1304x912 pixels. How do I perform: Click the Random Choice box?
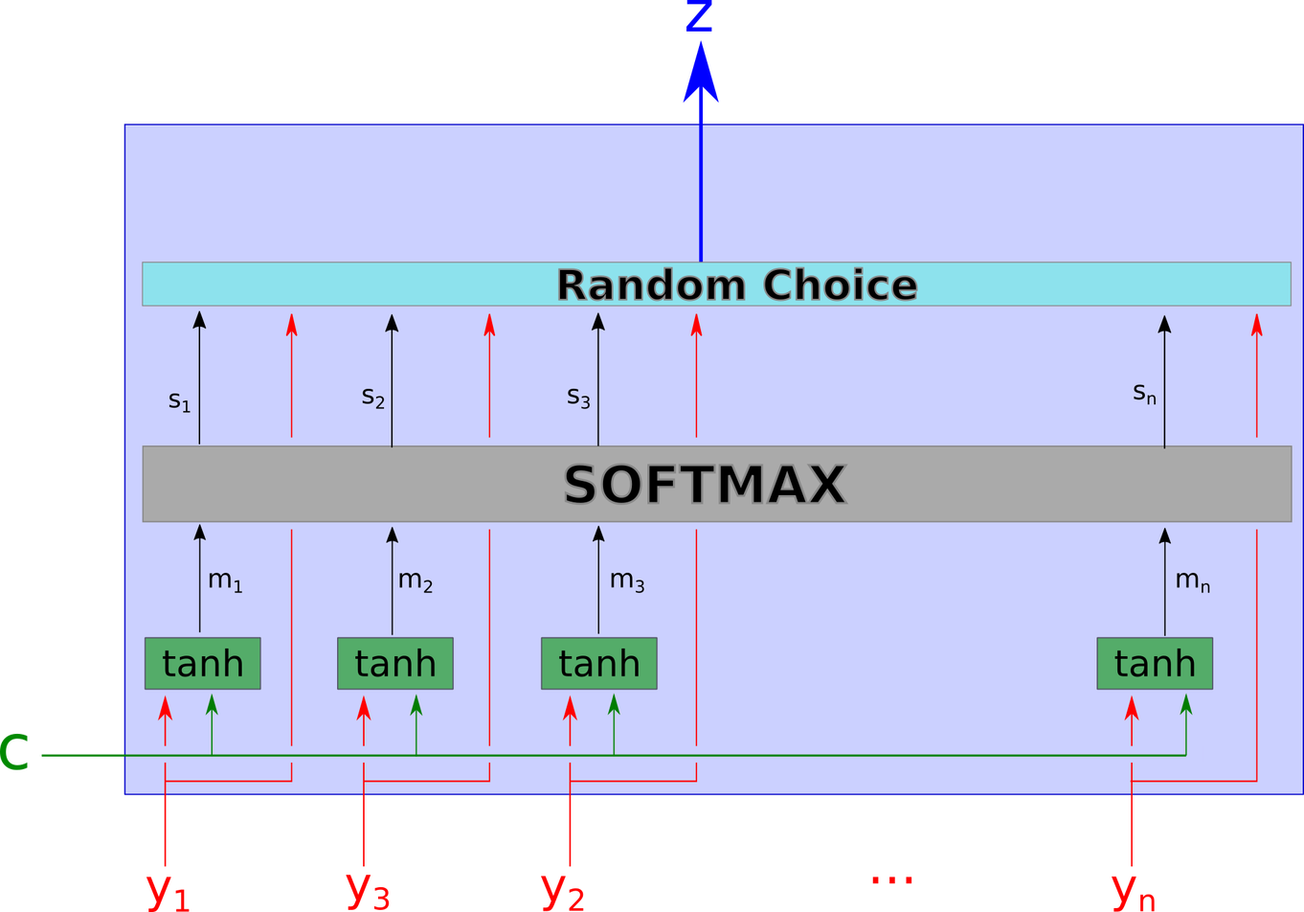[716, 285]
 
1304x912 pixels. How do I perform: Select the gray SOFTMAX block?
[716, 484]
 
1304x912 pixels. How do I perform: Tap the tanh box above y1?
[202, 663]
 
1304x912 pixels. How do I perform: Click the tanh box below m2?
[394, 663]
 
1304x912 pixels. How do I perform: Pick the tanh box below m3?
[598, 663]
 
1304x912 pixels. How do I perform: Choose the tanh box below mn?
[1155, 663]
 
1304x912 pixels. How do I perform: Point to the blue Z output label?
[698, 17]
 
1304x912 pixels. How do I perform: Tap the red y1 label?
[168, 889]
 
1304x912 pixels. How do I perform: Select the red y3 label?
[368, 889]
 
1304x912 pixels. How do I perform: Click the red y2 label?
[563, 889]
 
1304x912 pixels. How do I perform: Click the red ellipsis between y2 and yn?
[892, 878]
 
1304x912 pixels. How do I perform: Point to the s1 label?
[179, 400]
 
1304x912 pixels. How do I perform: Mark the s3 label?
[578, 396]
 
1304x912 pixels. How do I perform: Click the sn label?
[1144, 392]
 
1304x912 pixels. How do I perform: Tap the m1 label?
[225, 581]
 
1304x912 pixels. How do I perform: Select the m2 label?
[415, 581]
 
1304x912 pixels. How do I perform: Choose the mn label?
[1192, 581]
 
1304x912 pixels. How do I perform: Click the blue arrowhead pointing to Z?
[701, 77]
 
